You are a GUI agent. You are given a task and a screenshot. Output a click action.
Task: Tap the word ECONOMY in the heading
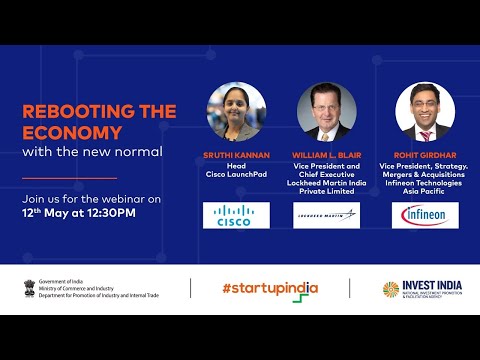64,132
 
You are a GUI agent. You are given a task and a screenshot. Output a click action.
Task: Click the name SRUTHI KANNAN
236,156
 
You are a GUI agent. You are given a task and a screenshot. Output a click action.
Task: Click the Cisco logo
236,216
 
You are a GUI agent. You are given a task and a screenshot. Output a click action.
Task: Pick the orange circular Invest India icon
391,289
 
